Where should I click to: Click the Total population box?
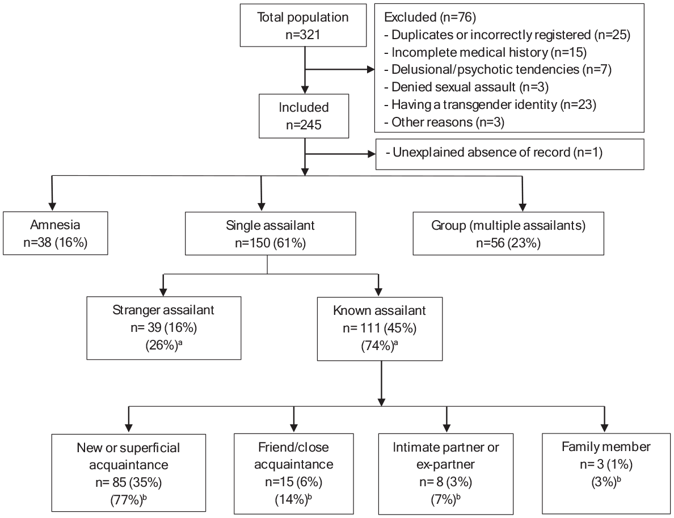click(303, 26)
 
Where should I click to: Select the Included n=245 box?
click(304, 116)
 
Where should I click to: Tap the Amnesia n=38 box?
click(56, 233)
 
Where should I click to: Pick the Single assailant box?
click(271, 233)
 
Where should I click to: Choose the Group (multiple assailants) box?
click(508, 233)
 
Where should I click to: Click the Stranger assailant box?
click(164, 327)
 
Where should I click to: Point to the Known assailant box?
click(380, 329)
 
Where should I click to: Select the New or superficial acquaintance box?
click(129, 473)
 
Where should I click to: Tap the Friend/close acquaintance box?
click(293, 473)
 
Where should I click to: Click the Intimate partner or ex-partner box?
click(446, 473)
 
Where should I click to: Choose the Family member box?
click(606, 473)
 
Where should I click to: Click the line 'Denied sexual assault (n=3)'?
click(466, 87)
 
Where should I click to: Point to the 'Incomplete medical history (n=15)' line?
click(485, 52)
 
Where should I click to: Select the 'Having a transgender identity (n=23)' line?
click(490, 104)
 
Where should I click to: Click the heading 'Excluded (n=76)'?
click(430, 17)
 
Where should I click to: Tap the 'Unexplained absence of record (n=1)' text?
click(494, 152)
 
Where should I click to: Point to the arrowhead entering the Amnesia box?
click(52, 207)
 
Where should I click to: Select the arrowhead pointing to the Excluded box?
click(370, 69)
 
